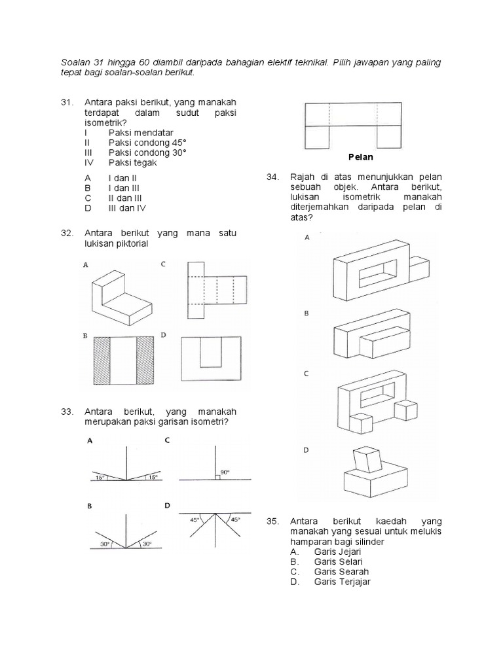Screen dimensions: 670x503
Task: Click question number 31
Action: [65, 103]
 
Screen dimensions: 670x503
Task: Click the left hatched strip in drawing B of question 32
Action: [102, 361]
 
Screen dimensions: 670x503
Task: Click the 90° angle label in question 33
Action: [225, 472]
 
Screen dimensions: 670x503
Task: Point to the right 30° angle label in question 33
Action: [147, 543]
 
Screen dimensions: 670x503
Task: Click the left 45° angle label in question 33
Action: [195, 520]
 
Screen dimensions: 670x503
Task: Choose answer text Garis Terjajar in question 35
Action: [342, 582]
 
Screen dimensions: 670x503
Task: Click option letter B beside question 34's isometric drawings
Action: [306, 314]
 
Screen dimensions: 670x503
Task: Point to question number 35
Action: [273, 521]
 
